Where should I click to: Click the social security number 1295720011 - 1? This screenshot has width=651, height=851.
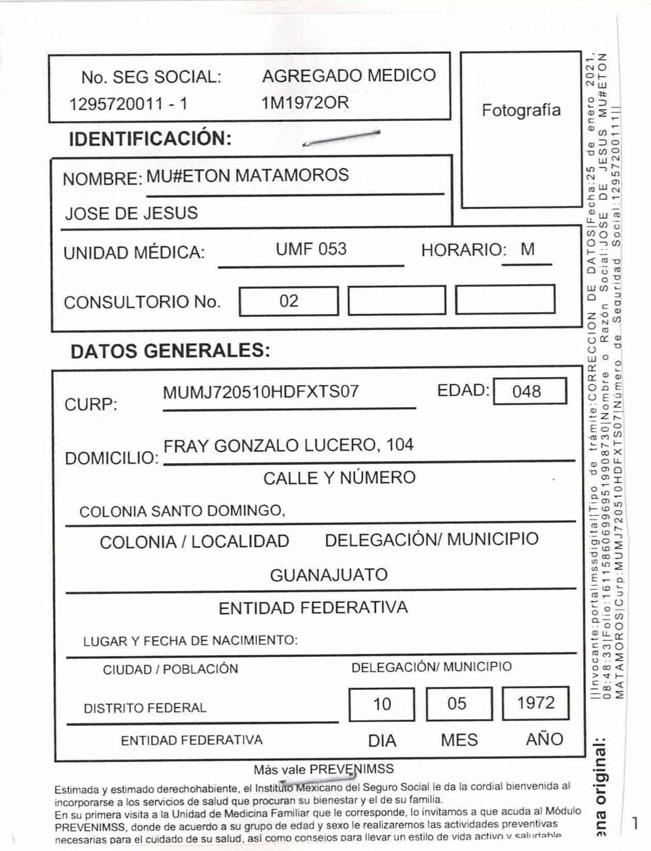pyautogui.click(x=128, y=104)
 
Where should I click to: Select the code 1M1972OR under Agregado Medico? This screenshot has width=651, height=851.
pyautogui.click(x=305, y=103)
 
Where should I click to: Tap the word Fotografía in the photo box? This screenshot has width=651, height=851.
pyautogui.click(x=521, y=111)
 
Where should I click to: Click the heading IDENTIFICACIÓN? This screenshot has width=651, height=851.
pyautogui.click(x=150, y=139)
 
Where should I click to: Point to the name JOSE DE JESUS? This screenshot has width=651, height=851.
pyautogui.click(x=131, y=213)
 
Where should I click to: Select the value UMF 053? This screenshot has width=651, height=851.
pyautogui.click(x=311, y=249)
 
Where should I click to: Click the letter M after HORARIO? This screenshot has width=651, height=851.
pyautogui.click(x=527, y=250)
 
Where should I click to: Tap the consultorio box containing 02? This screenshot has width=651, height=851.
pyautogui.click(x=288, y=301)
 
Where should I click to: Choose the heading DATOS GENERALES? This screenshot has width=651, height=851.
pyautogui.click(x=170, y=352)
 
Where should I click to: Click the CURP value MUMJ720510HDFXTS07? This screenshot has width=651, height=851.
pyautogui.click(x=260, y=392)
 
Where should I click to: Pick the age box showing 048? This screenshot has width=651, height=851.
pyautogui.click(x=529, y=391)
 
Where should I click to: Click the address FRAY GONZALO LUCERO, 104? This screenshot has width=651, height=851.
pyautogui.click(x=288, y=445)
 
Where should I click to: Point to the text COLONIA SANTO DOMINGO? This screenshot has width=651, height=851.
pyautogui.click(x=182, y=511)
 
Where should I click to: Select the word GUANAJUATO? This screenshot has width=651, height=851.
pyautogui.click(x=328, y=575)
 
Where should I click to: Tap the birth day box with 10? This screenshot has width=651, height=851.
pyautogui.click(x=382, y=704)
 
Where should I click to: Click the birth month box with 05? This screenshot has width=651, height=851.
pyautogui.click(x=459, y=704)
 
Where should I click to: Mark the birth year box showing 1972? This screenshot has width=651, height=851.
pyautogui.click(x=535, y=703)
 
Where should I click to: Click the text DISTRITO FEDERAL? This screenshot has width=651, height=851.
pyautogui.click(x=145, y=708)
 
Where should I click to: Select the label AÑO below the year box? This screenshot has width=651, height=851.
pyautogui.click(x=544, y=739)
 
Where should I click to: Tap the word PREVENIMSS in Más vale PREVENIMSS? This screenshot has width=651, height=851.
pyautogui.click(x=352, y=769)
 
